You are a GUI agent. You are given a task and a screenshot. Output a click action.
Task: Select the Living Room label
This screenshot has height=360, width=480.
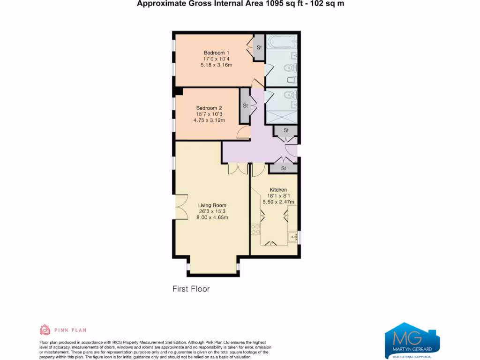pyautogui.click(x=212, y=205)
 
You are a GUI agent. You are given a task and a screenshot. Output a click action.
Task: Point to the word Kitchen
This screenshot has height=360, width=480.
pyautogui.click(x=278, y=190)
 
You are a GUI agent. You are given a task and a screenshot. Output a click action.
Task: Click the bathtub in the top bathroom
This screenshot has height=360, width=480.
pyautogui.click(x=281, y=43)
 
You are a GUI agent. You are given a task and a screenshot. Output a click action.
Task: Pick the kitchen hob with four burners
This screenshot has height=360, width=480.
pyautogui.click(x=256, y=229)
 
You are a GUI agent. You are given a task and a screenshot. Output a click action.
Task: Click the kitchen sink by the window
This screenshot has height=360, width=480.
pyautogui.click(x=293, y=237)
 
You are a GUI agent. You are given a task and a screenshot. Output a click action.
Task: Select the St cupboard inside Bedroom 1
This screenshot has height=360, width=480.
pyautogui.click(x=259, y=47)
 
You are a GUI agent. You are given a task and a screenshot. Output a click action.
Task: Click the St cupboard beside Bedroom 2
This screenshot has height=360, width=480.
pyautogui.click(x=245, y=105)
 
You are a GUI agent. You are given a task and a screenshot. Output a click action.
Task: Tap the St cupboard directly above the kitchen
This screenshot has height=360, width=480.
pyautogui.click(x=284, y=168)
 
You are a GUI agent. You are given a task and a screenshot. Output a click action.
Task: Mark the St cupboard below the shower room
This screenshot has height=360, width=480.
pyautogui.click(x=285, y=130)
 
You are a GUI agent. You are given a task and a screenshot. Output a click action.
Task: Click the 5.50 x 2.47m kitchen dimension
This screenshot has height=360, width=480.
pyautogui.click(x=278, y=202)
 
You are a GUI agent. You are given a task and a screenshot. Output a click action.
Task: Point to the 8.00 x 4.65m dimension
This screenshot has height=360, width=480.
pyautogui.click(x=212, y=217)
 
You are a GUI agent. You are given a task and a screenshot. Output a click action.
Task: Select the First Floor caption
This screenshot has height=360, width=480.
pyautogui.click(x=191, y=289)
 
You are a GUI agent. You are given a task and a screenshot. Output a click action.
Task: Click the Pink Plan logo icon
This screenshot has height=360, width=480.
pyautogui.click(x=45, y=330)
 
